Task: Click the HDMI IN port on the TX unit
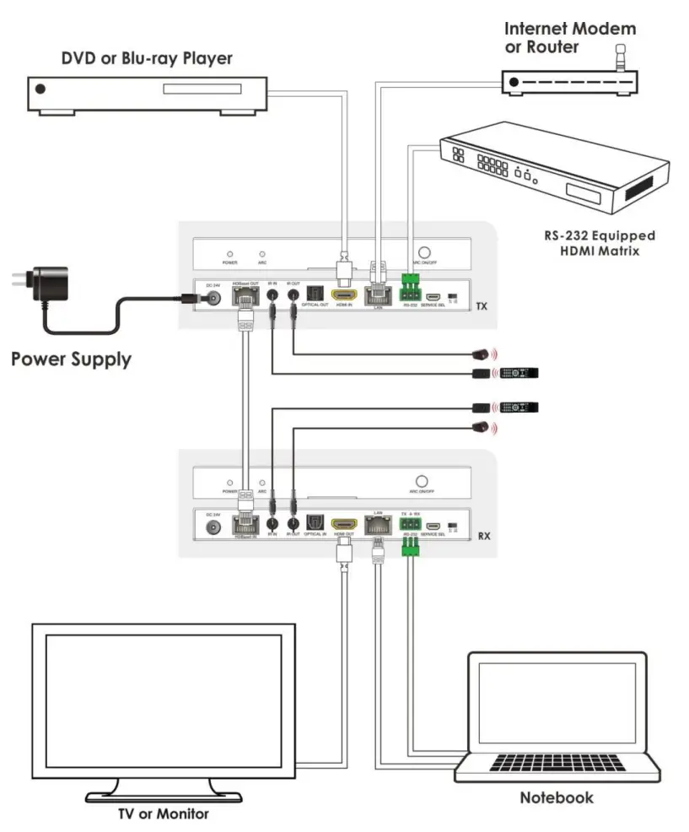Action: coord(344,296)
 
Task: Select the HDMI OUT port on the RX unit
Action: coord(344,524)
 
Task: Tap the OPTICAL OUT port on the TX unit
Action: coord(315,295)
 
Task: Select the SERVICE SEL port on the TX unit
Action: coord(433,297)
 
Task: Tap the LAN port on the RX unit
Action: coord(378,525)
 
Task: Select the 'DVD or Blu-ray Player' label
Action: coord(147,58)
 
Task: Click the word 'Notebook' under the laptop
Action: coord(556,797)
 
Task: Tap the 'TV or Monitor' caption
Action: coord(162,813)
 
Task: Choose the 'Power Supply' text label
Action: coord(71,359)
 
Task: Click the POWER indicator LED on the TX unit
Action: coord(228,253)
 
